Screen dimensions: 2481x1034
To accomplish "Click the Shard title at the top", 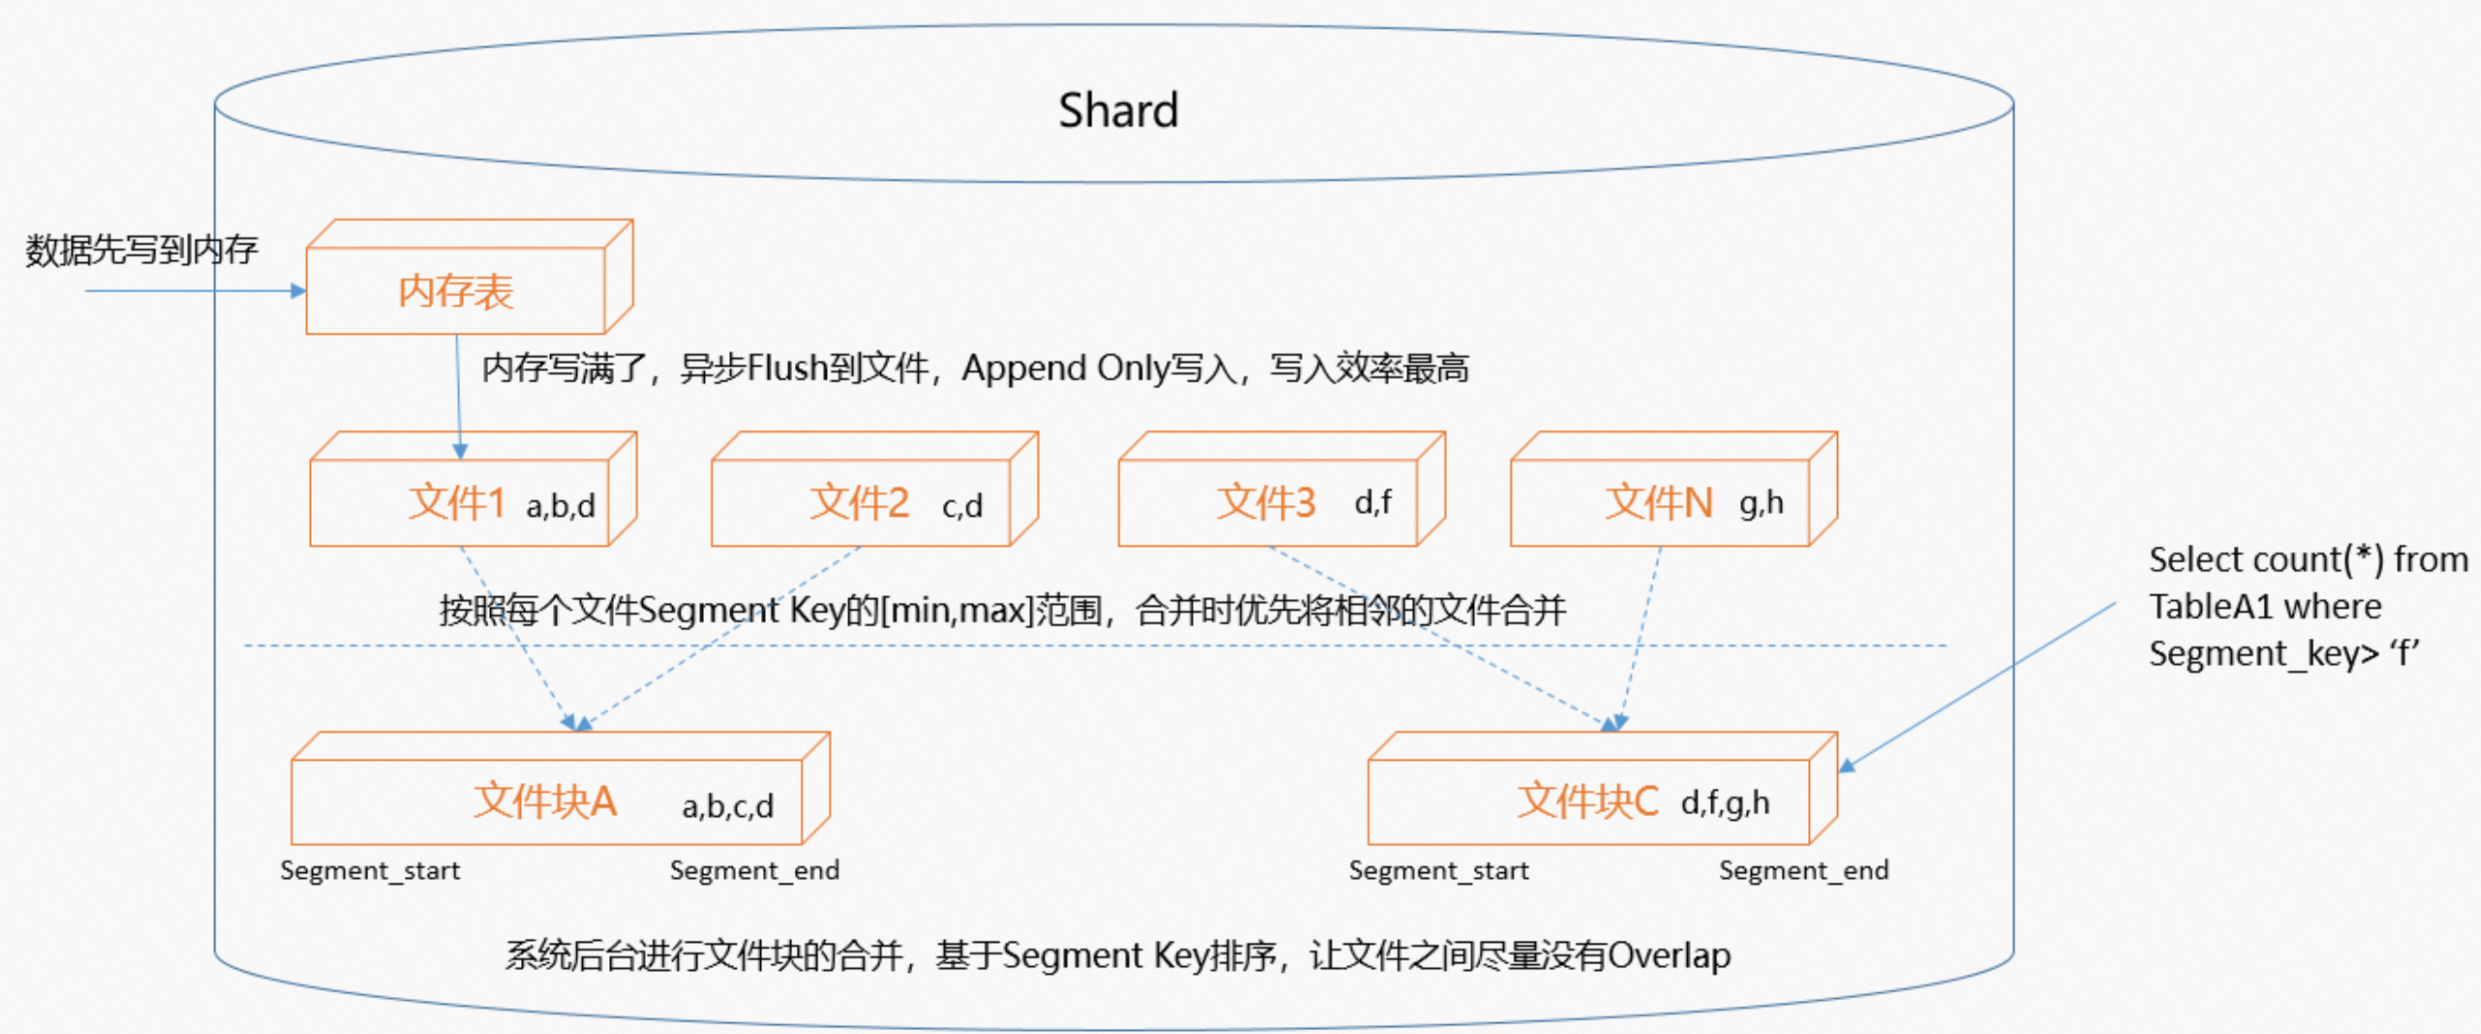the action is (1118, 110).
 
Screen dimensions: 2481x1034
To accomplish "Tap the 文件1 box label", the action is (456, 503).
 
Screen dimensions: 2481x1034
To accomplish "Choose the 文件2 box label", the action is (859, 503).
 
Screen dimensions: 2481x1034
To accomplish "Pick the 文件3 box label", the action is (1266, 503).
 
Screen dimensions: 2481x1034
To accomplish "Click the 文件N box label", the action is (1659, 503).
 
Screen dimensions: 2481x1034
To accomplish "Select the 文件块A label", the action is (544, 802).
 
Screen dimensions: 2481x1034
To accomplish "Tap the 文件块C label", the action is (1588, 802).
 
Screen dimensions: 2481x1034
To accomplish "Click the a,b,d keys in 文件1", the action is (561, 506).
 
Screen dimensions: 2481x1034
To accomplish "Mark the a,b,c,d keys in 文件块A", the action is (727, 806).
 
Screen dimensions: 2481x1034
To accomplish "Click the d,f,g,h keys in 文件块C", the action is (1725, 803).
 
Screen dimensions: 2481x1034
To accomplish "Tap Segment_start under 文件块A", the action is (370, 871).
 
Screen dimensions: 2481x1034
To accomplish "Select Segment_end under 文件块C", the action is (1804, 871).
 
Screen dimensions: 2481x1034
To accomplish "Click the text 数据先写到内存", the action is (141, 251).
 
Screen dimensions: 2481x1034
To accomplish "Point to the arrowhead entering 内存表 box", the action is (298, 290).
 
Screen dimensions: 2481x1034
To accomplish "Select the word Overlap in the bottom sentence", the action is (1669, 957).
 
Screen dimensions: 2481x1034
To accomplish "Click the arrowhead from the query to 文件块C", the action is (1848, 766).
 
